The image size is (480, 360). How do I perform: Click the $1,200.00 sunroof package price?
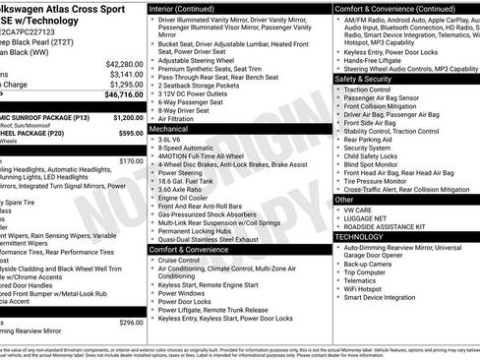125,115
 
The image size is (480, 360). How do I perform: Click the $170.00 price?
131,160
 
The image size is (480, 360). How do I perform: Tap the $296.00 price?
131,322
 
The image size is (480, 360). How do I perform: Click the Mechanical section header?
169,128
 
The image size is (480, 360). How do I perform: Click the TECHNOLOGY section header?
359,237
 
